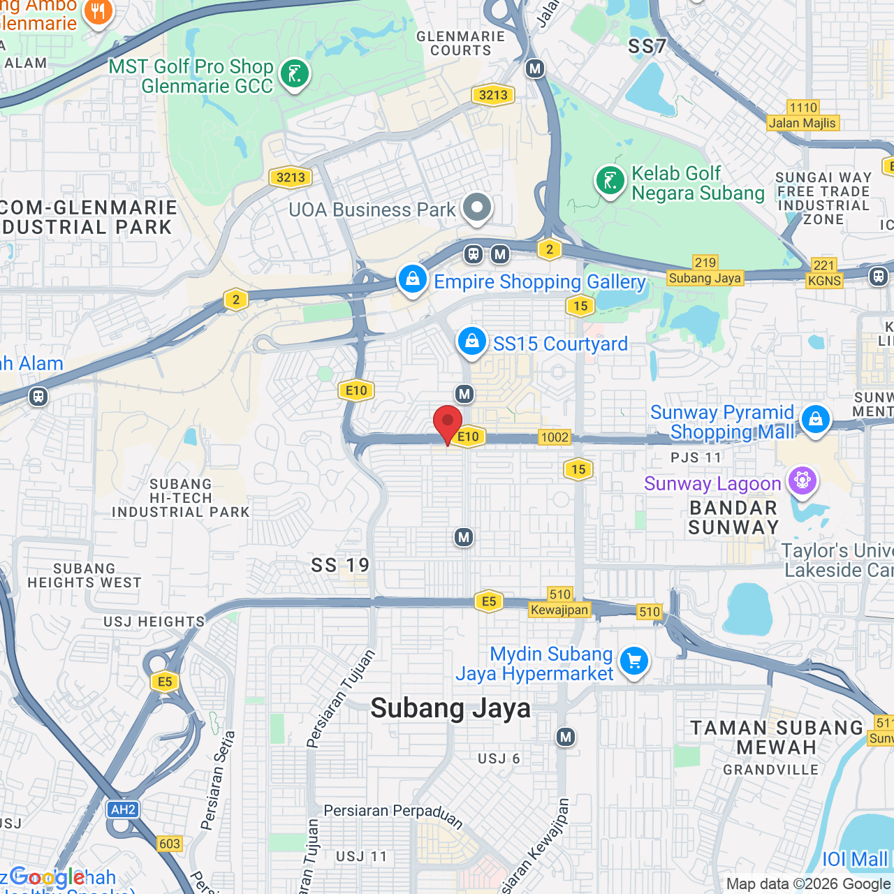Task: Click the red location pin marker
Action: pos(448,423)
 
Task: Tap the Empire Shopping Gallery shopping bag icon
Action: pos(413,279)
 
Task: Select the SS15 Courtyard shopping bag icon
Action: pos(472,342)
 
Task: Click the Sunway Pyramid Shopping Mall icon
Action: pos(815,419)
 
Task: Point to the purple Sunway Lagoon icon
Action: pos(803,481)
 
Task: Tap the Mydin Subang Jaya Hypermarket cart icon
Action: pos(634,660)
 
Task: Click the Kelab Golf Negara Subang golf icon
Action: pos(610,181)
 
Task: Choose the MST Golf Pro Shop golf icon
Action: pos(295,73)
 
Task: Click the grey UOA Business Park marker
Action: pos(478,207)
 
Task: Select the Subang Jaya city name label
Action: pos(450,708)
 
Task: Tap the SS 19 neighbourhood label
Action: pos(340,565)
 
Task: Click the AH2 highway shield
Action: pos(123,809)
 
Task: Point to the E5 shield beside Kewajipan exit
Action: pos(489,601)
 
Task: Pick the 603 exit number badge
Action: pos(170,844)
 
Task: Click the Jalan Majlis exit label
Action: pos(803,123)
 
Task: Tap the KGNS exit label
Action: pos(824,280)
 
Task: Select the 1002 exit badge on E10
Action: pos(555,437)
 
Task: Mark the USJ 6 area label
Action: pos(499,759)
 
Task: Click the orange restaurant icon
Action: pos(98,12)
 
